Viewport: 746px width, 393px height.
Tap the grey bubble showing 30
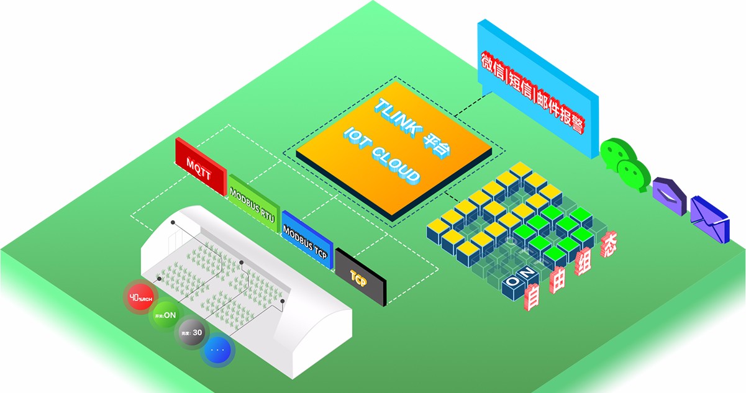pyautogui.click(x=192, y=333)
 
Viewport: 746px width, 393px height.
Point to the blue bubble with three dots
pyautogui.click(x=219, y=350)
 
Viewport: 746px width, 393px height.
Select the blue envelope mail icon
pyautogui.click(x=709, y=218)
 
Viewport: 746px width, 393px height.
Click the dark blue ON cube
pyautogui.click(x=516, y=282)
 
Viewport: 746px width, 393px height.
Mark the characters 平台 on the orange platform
pyautogui.click(x=439, y=146)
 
